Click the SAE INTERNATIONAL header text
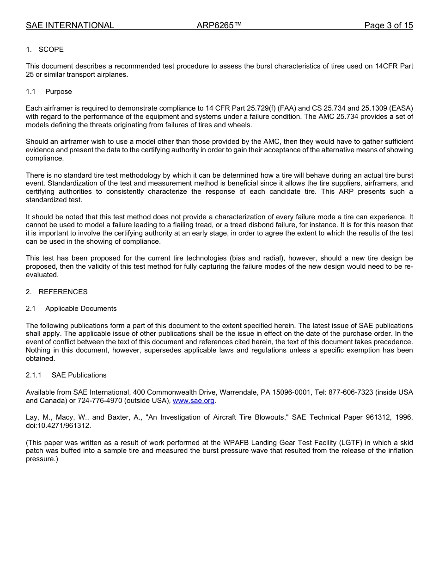pos(70,25)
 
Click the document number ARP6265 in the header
pos(219,25)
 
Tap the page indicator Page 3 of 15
pos(388,25)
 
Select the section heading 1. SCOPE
pos(45,49)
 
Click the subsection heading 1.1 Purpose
pos(49,92)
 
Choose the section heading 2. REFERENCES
pos(56,292)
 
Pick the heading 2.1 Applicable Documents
pos(71,309)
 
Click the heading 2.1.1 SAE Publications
pos(66,375)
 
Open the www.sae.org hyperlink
pos(194,401)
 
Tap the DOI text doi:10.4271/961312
pos(58,426)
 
